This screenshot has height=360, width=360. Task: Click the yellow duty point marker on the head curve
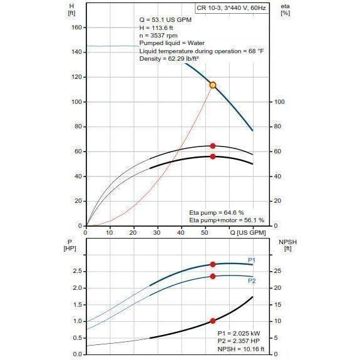click(x=213, y=85)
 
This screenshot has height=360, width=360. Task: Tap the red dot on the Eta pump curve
click(x=213, y=146)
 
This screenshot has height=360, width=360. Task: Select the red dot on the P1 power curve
click(x=213, y=264)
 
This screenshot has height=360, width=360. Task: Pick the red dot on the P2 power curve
click(x=213, y=276)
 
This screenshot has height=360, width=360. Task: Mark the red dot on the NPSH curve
click(x=213, y=321)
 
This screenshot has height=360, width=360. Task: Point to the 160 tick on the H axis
click(x=78, y=28)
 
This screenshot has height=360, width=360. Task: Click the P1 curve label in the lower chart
click(x=251, y=260)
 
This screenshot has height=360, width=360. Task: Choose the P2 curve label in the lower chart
click(x=251, y=281)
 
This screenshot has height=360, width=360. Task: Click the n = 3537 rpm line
click(x=156, y=35)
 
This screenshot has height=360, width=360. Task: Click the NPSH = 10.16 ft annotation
click(x=240, y=349)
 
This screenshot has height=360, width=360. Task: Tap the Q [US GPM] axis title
click(x=247, y=232)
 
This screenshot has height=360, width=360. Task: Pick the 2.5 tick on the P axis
click(x=78, y=271)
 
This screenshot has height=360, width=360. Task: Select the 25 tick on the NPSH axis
click(x=279, y=271)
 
